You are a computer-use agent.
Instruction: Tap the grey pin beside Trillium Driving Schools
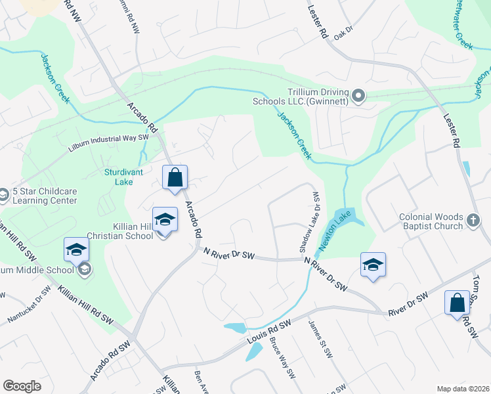[x=358, y=97]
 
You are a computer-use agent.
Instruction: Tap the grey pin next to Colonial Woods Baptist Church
[x=473, y=221]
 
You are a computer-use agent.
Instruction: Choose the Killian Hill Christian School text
[x=127, y=230]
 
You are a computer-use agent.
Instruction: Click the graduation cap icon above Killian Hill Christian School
[x=165, y=219]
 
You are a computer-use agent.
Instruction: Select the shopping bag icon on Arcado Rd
[x=175, y=177]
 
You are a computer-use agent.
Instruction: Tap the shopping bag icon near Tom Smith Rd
[x=458, y=303]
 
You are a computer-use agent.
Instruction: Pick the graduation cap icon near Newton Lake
[x=373, y=265]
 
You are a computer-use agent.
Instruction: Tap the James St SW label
[x=322, y=341]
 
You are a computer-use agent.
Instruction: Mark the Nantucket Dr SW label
[x=28, y=305]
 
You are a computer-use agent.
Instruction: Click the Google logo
[x=22, y=385]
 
